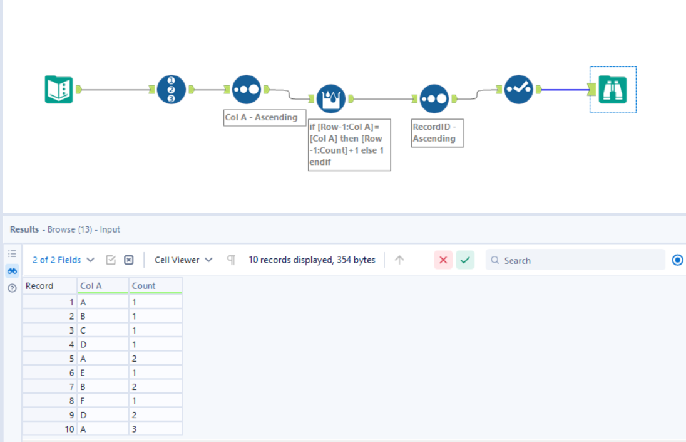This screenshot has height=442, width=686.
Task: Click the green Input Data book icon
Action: click(x=59, y=90)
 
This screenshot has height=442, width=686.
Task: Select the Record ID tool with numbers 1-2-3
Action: click(x=171, y=90)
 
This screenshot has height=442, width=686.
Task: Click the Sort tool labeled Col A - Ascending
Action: click(x=247, y=90)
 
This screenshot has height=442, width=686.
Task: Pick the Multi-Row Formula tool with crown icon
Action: click(x=330, y=98)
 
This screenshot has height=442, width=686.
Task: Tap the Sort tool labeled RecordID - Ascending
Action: click(x=434, y=98)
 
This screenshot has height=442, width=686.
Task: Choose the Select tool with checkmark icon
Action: click(x=518, y=90)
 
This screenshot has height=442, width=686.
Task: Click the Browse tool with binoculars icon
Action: click(x=613, y=90)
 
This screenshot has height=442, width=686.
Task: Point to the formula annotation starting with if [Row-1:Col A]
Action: click(x=349, y=144)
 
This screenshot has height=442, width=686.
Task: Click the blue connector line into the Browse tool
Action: click(x=563, y=90)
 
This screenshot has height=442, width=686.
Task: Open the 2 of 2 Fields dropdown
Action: click(x=63, y=260)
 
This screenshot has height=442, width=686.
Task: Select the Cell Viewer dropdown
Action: click(x=183, y=260)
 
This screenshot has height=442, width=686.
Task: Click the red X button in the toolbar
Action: click(x=443, y=260)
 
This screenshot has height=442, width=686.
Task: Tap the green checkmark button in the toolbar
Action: click(x=465, y=260)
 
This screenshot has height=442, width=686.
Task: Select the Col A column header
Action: click(x=103, y=286)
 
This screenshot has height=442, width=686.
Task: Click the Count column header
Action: click(x=155, y=286)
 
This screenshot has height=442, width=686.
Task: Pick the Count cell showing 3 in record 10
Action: click(x=155, y=429)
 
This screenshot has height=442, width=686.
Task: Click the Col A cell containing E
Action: click(x=103, y=372)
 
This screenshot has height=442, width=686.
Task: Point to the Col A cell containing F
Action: click(x=103, y=401)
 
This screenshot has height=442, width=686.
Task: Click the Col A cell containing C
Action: click(x=103, y=330)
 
